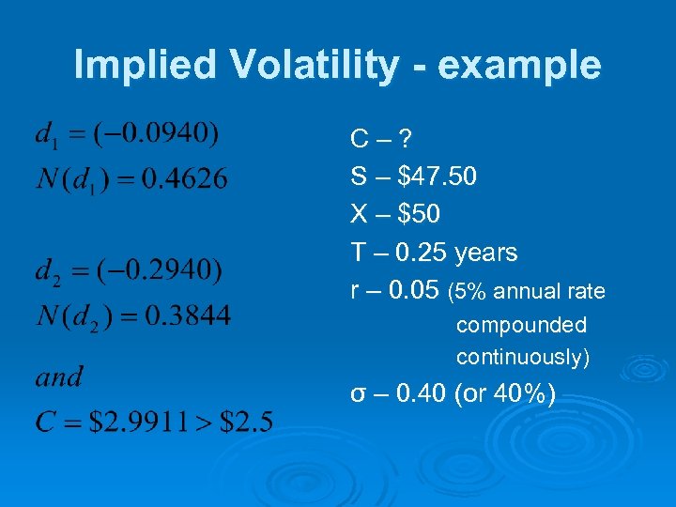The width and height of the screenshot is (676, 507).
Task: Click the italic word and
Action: click(58, 377)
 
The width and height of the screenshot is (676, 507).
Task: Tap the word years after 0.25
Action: click(485, 253)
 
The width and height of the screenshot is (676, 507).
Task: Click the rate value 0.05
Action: click(413, 291)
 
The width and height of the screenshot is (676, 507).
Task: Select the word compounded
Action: click(521, 326)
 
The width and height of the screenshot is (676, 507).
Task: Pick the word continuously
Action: click(521, 358)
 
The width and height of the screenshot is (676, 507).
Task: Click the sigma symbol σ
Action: click(358, 394)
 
